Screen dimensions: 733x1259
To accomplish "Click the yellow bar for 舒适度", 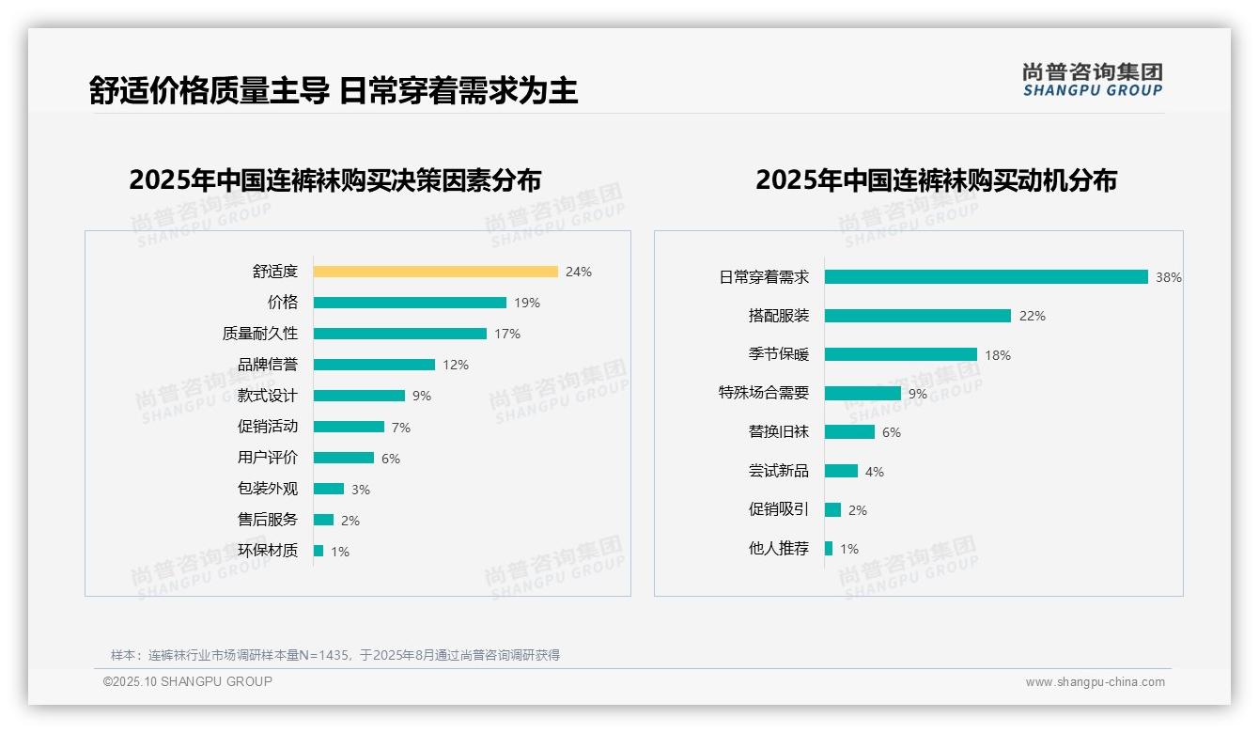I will [x=436, y=272].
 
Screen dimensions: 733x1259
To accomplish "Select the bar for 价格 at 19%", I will [x=410, y=303].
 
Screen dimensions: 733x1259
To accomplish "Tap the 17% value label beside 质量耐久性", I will [x=507, y=334].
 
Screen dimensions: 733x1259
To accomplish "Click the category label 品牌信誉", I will [x=268, y=365].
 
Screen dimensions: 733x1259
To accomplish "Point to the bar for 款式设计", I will [x=359, y=396].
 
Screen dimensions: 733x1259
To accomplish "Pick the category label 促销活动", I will [x=268, y=427].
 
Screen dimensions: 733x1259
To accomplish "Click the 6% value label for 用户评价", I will [x=391, y=459].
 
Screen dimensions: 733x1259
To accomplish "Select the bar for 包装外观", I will [x=329, y=489].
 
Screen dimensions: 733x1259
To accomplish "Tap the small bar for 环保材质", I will [x=319, y=551].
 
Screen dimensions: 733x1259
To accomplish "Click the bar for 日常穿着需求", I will [x=987, y=277].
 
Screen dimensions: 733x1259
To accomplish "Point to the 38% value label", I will [x=1169, y=277].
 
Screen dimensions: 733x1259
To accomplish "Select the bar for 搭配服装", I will [x=918, y=316].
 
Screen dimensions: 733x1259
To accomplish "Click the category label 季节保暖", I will [x=779, y=355].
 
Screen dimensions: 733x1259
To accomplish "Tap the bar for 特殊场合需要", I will [x=863, y=394].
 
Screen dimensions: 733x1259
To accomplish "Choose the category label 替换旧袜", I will [x=779, y=432].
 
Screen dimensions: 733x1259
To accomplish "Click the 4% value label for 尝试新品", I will [x=875, y=472].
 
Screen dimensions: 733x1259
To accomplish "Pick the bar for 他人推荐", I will [x=829, y=549].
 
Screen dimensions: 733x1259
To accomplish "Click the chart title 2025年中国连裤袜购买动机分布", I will [x=936, y=179].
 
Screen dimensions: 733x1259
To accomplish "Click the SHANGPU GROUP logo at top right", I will [x=1093, y=80].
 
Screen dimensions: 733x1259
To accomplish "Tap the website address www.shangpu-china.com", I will [x=1095, y=682].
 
